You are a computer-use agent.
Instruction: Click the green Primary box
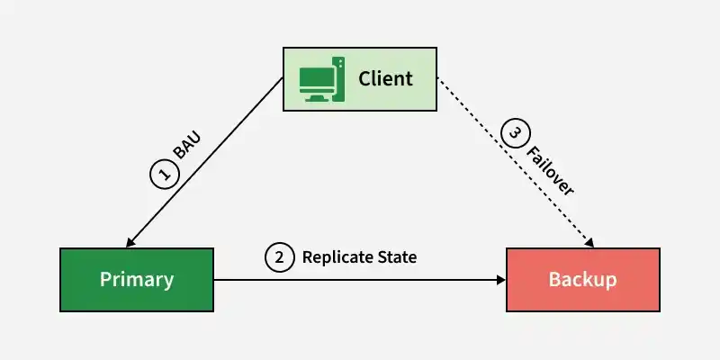coord(137,280)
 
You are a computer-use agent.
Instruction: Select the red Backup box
coord(583,280)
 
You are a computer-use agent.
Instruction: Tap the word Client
coord(385,78)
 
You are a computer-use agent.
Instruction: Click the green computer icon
coord(321,79)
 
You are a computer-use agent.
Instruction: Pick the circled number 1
coord(164,174)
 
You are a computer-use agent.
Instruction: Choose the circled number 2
coord(279,257)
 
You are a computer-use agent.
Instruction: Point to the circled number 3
coord(516,133)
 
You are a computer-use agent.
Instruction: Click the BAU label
coord(187,147)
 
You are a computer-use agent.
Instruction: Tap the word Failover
coord(550,171)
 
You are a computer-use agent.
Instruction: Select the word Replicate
coord(337,257)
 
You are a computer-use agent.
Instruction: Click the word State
coord(397,257)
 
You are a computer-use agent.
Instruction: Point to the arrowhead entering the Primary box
coord(130,242)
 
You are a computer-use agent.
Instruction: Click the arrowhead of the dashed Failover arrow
coord(589,242)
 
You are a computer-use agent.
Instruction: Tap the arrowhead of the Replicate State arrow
coord(501,280)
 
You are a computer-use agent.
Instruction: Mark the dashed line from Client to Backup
coord(515,163)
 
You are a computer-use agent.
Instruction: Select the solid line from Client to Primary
coord(204,163)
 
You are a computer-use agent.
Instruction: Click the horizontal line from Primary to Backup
coord(360,280)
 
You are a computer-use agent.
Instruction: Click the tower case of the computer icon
coord(339,79)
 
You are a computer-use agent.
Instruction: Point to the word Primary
coord(137,280)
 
